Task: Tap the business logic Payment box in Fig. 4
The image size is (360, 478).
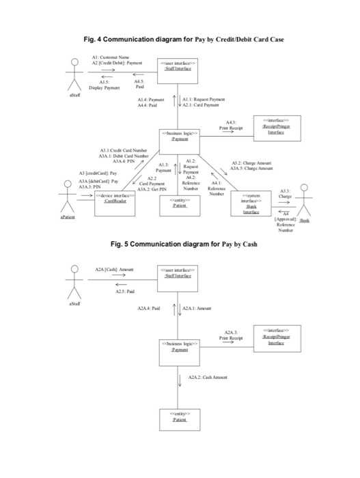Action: (x=180, y=135)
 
